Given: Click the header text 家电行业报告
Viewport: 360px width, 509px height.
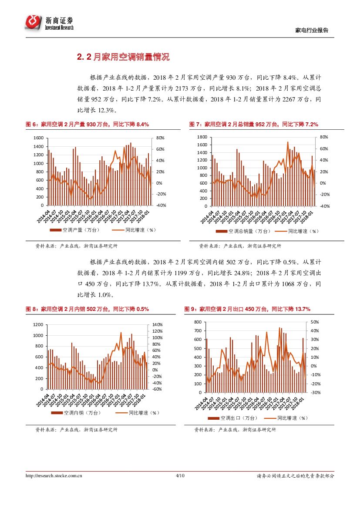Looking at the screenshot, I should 312,30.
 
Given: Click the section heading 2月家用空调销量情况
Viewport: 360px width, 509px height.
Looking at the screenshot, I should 123,57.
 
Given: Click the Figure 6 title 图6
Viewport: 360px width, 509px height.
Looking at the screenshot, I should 87,125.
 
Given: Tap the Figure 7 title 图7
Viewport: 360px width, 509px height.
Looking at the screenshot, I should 253,125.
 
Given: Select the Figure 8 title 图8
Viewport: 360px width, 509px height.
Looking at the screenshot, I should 87,309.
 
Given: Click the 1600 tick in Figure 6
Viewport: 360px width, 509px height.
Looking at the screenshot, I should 39,138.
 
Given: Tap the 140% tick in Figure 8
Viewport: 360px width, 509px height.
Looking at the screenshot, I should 157,325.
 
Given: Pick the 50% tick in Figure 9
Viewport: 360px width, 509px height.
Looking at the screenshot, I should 315,322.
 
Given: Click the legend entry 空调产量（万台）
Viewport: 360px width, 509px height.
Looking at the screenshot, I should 75,230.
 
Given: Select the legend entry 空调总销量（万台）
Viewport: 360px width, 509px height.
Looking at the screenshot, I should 239,231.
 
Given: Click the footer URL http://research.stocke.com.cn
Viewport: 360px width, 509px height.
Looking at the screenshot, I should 54,476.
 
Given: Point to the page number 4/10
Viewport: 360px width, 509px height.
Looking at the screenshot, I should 180,476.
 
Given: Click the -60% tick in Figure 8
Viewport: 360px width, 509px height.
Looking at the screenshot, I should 157,389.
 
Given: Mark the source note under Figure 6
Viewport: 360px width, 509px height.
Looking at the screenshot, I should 76,246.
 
